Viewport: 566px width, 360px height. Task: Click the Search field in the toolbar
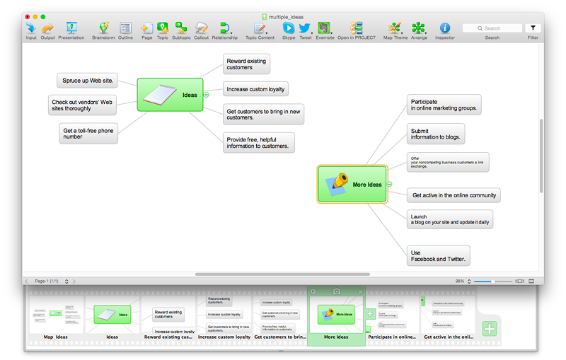[x=492, y=28]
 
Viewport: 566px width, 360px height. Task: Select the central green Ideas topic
[x=170, y=95]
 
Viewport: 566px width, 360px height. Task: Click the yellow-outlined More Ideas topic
[x=352, y=185]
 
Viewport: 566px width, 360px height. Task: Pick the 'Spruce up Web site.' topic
[x=87, y=80]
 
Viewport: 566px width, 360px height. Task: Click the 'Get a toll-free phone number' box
[x=88, y=134]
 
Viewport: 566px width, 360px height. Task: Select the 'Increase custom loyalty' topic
[x=255, y=89]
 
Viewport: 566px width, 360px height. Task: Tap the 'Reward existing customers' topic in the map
[x=246, y=64]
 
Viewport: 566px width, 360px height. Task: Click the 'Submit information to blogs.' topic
[x=436, y=134]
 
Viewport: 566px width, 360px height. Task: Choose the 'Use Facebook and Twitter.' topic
[x=439, y=256]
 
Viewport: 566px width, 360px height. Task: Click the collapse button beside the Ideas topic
[x=206, y=95]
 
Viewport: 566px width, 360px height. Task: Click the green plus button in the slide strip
[x=490, y=329]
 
